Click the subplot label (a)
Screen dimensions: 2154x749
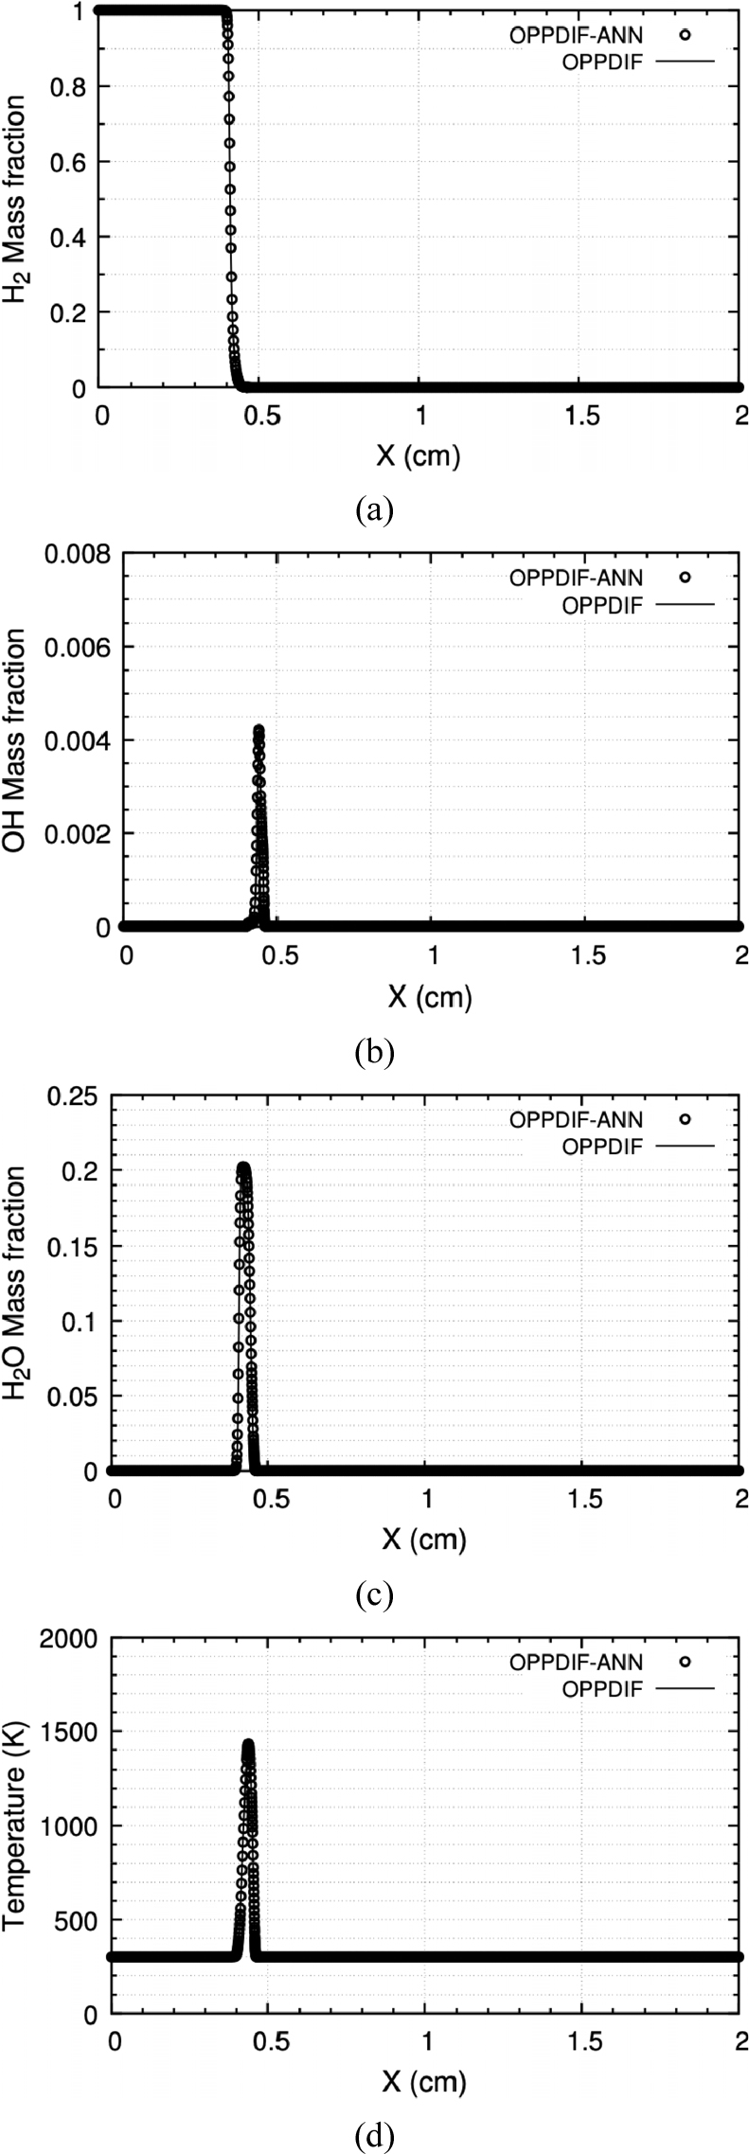[x=373, y=510]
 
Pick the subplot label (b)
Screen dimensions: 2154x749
[x=373, y=1052]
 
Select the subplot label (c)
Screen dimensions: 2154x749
[x=373, y=1595]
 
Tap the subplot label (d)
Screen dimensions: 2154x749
[x=373, y=2135]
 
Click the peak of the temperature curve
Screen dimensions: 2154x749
[x=248, y=1744]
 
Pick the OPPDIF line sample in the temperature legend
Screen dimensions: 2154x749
[x=686, y=1688]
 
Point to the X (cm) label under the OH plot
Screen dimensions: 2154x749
[x=429, y=997]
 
